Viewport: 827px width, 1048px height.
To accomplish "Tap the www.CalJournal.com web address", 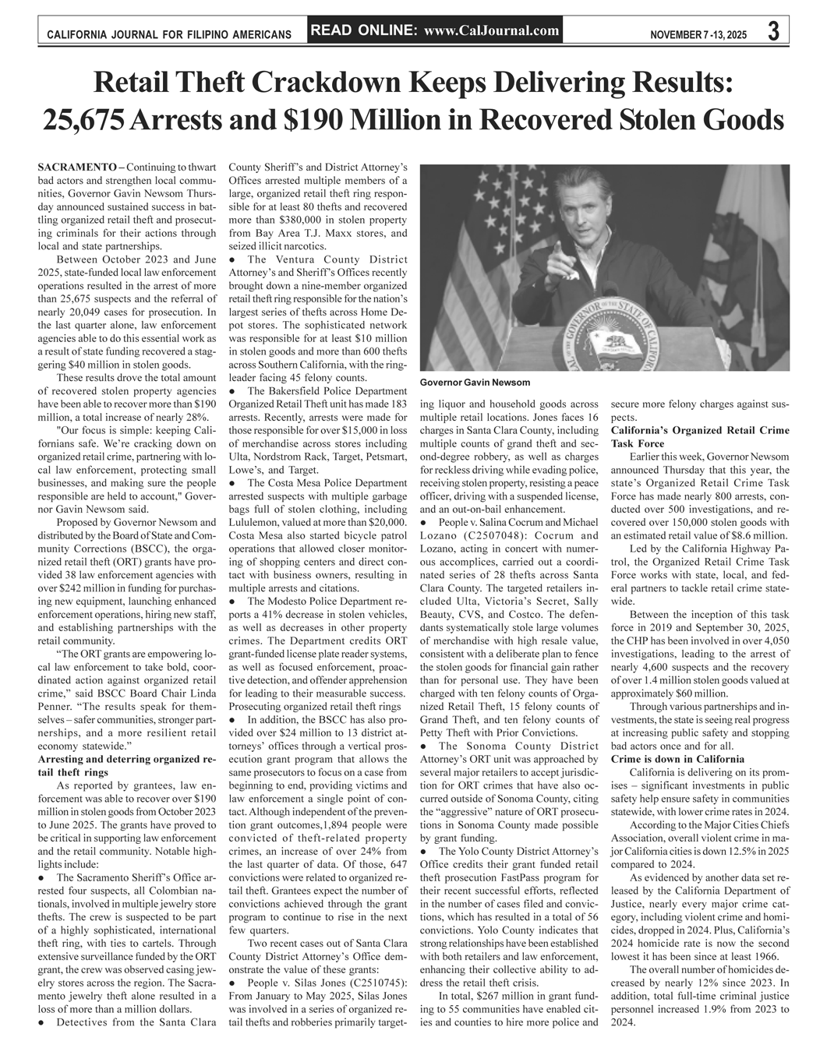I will [x=493, y=30].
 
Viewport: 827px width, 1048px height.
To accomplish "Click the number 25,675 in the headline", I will [x=85, y=120].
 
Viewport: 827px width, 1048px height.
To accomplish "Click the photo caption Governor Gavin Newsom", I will [x=475, y=383].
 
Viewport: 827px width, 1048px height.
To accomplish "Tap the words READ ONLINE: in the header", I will [x=365, y=30].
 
